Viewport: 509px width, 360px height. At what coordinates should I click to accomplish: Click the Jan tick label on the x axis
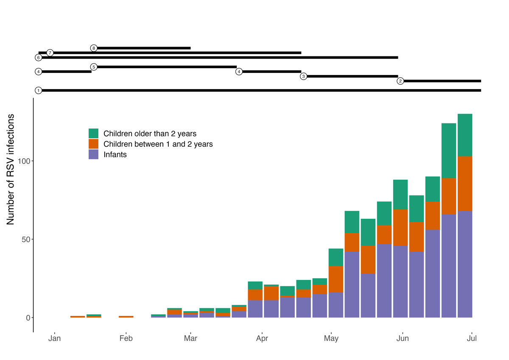coord(55,338)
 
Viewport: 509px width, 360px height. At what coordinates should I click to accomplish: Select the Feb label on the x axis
coord(126,338)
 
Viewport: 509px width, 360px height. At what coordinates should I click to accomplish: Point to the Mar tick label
coord(190,338)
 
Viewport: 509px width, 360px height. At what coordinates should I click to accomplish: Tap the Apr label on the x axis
coord(262,338)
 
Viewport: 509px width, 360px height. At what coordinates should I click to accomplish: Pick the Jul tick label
coord(472,338)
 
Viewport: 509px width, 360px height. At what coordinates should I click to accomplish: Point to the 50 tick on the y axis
coord(26,239)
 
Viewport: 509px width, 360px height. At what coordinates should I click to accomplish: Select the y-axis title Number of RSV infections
coord(11,169)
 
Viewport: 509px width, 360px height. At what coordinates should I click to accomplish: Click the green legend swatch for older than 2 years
coord(93,134)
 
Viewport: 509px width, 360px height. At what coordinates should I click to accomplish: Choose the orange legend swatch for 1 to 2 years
coord(93,144)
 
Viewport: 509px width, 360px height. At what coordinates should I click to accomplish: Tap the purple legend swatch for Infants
coord(93,154)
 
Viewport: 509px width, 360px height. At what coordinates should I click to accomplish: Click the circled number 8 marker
coord(94,48)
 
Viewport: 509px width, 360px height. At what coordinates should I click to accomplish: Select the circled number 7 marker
coord(50,53)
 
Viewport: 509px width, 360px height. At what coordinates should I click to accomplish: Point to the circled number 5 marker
coord(94,67)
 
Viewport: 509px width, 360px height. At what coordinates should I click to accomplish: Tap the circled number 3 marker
coord(303,76)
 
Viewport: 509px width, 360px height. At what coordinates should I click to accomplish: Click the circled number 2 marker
coord(400,81)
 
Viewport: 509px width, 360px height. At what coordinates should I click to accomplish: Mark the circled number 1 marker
coord(39,90)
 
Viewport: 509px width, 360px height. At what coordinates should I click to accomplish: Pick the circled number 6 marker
coord(39,57)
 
